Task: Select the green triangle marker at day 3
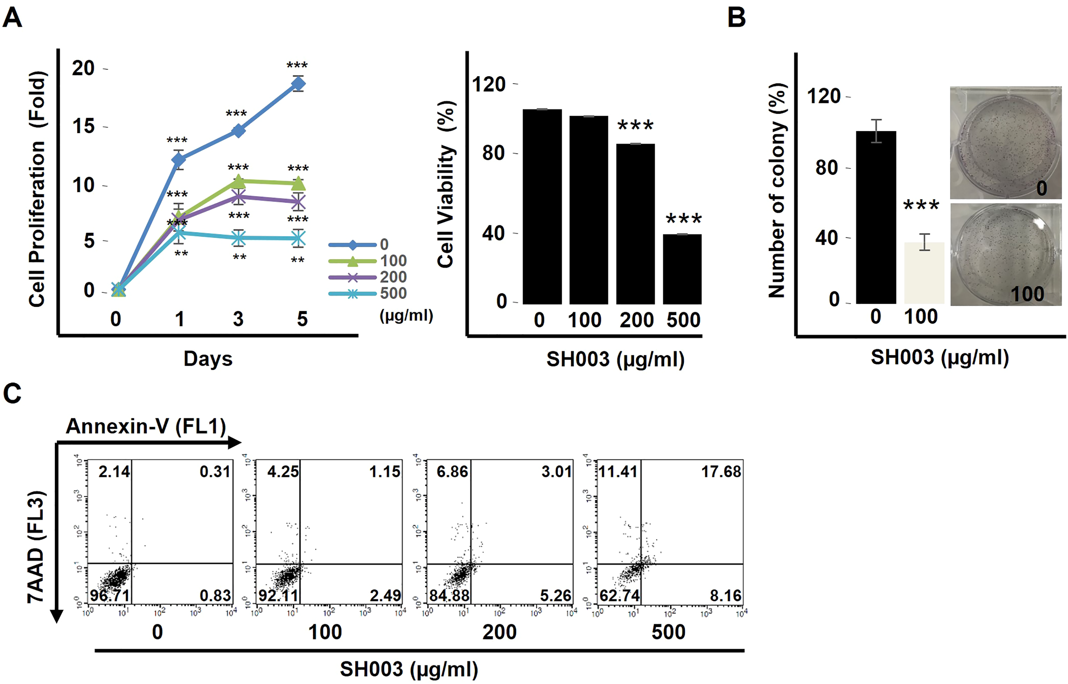[x=238, y=181]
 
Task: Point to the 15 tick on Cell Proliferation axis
[x=84, y=127]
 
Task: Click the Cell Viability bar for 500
[x=682, y=269]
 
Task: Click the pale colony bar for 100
[x=924, y=273]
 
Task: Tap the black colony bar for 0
[x=876, y=217]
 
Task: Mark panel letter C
[x=12, y=394]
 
